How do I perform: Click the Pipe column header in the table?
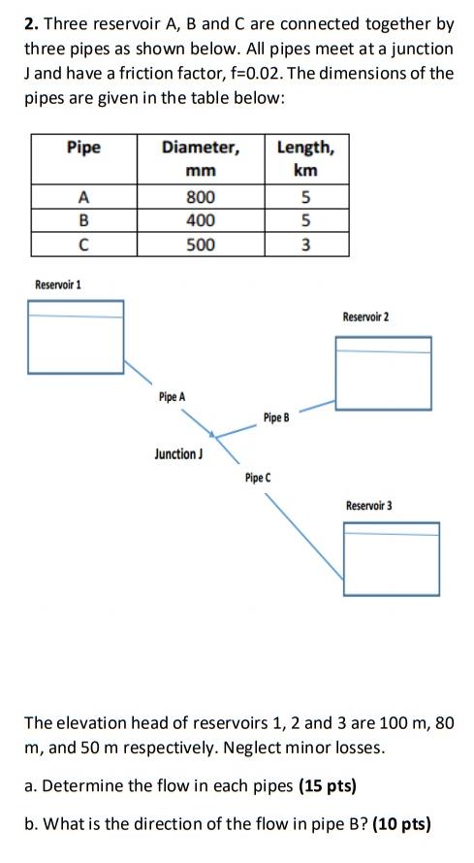point(83,148)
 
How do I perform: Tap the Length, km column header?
point(305,158)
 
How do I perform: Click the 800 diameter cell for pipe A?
point(200,197)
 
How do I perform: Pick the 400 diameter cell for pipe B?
point(200,220)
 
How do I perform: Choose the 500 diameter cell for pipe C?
point(200,245)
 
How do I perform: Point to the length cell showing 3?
point(305,245)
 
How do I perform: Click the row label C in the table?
point(83,245)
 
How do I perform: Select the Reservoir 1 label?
point(58,284)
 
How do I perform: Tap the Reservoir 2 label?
point(365,317)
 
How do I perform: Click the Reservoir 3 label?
point(369,506)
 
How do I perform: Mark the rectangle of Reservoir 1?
point(76,337)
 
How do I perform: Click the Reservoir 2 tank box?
point(383,373)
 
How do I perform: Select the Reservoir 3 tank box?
point(391,559)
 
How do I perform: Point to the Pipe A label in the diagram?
point(172,397)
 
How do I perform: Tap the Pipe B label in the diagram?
point(276,417)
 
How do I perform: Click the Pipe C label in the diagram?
point(258,478)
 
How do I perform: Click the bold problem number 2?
point(29,23)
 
